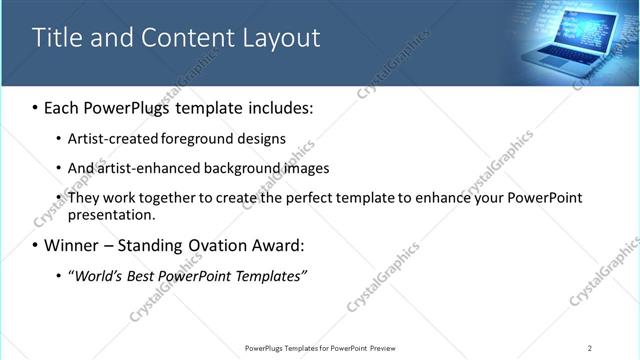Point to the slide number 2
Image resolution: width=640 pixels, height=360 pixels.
(590, 347)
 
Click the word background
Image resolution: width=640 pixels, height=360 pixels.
(242, 168)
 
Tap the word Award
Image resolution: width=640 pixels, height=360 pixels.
(278, 245)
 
